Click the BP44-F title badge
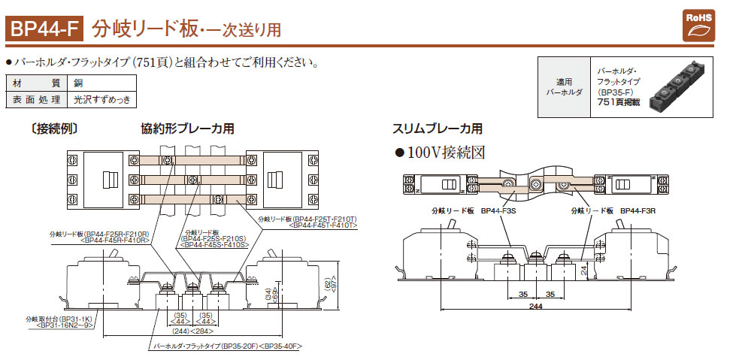[44, 29]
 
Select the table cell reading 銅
[79, 83]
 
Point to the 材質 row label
[36, 83]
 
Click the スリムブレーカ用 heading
[437, 129]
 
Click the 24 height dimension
[583, 269]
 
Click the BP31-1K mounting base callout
[67, 322]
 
